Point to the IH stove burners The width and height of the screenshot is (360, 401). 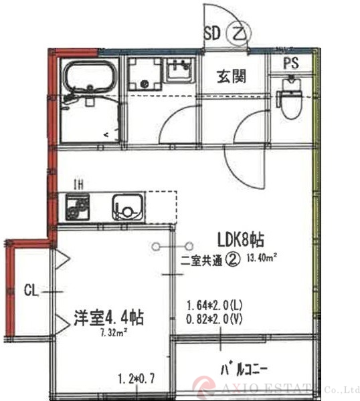click(74, 207)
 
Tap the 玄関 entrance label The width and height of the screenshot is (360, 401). click(230, 77)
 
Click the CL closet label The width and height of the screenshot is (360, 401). click(30, 290)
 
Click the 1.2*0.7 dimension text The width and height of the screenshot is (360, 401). click(135, 378)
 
